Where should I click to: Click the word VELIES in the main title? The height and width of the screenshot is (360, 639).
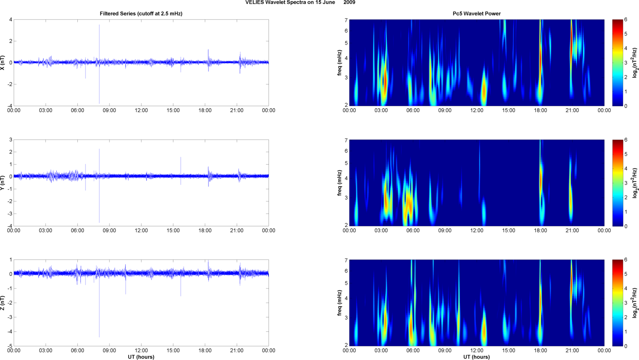click(x=253, y=3)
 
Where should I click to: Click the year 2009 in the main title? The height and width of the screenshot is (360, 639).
click(x=349, y=3)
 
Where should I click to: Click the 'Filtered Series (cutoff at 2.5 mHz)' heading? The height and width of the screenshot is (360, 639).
click(x=141, y=14)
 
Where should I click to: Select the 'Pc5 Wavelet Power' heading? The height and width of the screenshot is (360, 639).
click(x=477, y=14)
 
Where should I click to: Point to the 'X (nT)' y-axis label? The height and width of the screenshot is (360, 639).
click(x=3, y=63)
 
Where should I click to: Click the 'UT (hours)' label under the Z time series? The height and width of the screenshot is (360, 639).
click(x=141, y=357)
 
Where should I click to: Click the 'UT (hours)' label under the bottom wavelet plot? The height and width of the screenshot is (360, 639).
click(x=477, y=357)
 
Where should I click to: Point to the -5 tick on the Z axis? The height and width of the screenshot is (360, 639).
click(x=10, y=346)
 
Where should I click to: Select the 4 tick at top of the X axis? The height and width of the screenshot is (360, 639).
click(x=11, y=19)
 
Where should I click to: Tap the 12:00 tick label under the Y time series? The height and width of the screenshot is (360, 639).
click(x=141, y=231)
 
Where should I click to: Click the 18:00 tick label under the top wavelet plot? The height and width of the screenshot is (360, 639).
click(x=540, y=110)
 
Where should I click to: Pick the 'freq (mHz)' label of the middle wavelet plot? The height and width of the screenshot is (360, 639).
click(x=340, y=183)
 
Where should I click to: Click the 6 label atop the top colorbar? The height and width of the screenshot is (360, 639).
click(x=625, y=20)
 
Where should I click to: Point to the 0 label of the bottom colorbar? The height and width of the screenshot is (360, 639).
click(x=625, y=346)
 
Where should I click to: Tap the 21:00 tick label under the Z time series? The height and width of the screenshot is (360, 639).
click(x=237, y=351)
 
